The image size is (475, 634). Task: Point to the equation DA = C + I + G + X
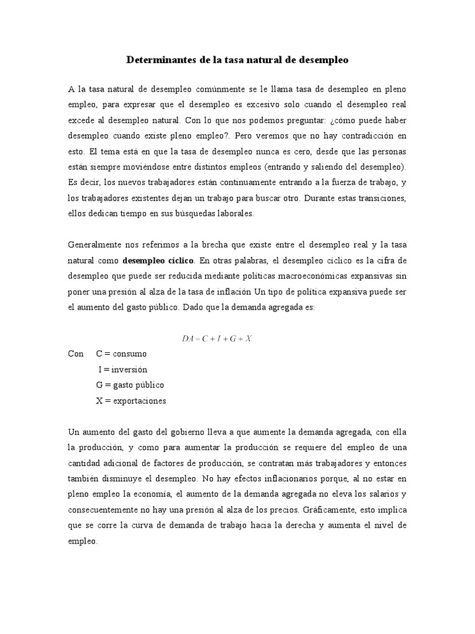pyautogui.click(x=216, y=338)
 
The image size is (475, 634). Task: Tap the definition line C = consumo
pyautogui.click(x=122, y=354)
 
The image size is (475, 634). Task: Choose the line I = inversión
pyautogui.click(x=123, y=369)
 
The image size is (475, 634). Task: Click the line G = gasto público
pyautogui.click(x=130, y=384)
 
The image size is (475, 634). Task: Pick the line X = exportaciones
pyautogui.click(x=131, y=401)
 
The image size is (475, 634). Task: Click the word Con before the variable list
pyautogui.click(x=75, y=354)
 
